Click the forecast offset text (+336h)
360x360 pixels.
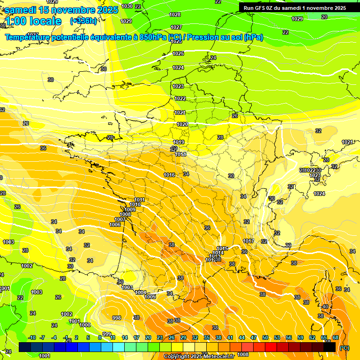point(83,21)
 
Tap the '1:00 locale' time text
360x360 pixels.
point(33,21)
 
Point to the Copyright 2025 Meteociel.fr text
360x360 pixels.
point(198,356)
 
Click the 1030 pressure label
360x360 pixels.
point(127,6)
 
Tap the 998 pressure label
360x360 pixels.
point(117,318)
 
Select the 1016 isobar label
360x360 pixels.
point(169,175)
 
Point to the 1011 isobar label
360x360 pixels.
point(139,200)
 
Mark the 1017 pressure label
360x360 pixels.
point(248,241)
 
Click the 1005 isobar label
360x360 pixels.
point(150,297)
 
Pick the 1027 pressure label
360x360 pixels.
point(176,27)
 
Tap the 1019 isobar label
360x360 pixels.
point(179,142)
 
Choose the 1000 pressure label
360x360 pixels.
point(85,325)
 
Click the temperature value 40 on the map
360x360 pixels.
point(325,307)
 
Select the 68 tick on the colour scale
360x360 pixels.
point(336,337)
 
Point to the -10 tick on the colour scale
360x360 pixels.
point(32,337)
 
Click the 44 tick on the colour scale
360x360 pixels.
point(242,337)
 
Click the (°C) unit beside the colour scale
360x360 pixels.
point(345,348)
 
